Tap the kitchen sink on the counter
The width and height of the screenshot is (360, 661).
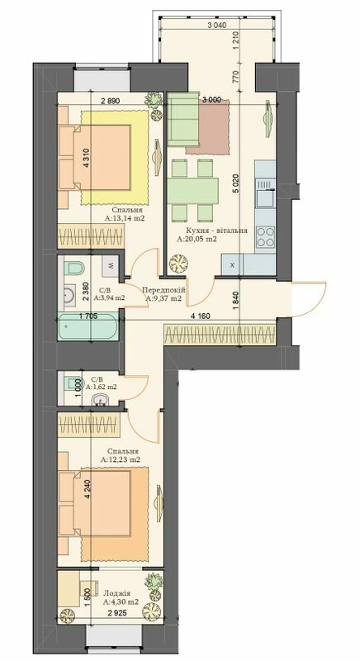pos(265,196)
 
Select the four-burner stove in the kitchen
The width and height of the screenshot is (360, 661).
pos(266,237)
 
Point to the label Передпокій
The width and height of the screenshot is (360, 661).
pos(163,291)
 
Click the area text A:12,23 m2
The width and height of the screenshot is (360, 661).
pos(121,459)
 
